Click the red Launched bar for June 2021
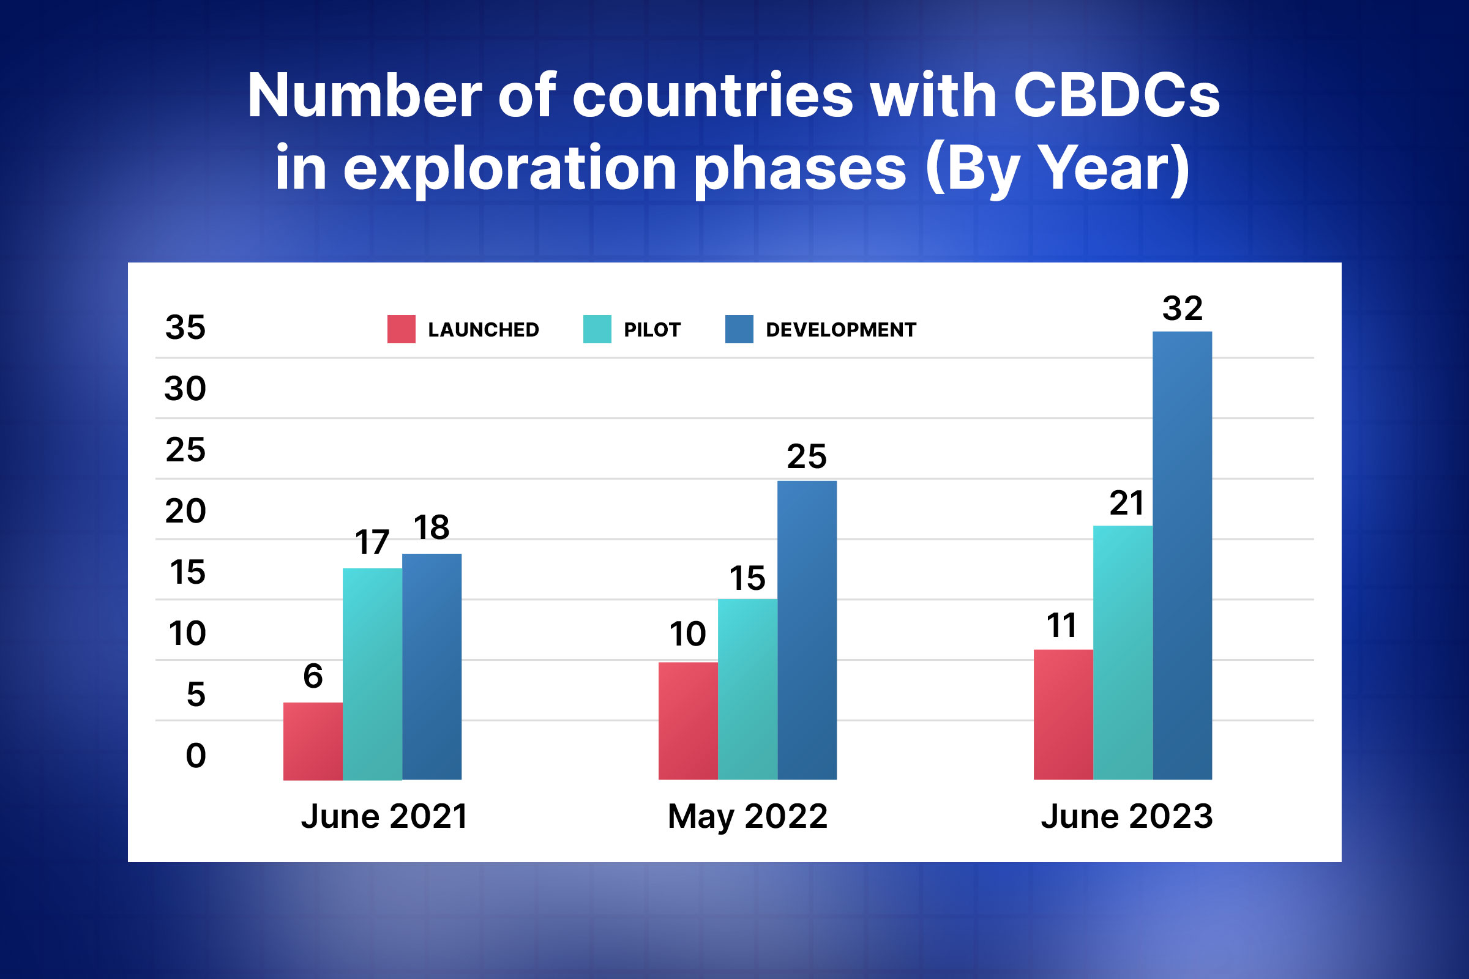[x=313, y=741]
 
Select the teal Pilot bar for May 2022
[x=747, y=690]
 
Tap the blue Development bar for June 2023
[x=1183, y=556]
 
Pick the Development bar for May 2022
[x=807, y=631]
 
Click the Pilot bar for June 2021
[x=372, y=674]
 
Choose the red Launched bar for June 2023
[x=1063, y=715]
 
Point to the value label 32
[x=1183, y=308]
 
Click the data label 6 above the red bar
[x=313, y=676]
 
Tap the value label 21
[x=1126, y=503]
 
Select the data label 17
[x=372, y=542]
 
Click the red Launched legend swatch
[x=401, y=329]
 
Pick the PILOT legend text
[x=652, y=330]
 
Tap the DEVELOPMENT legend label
[x=840, y=330]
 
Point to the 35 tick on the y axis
[x=185, y=327]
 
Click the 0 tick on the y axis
[x=195, y=756]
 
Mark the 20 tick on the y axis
[x=185, y=511]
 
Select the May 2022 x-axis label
[x=747, y=817]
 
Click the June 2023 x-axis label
[x=1127, y=817]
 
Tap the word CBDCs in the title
[x=1116, y=95]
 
